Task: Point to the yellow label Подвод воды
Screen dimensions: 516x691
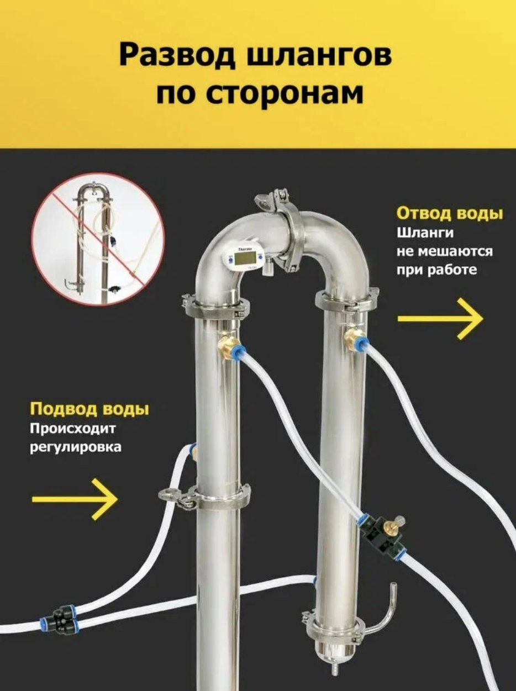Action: [x=89, y=409]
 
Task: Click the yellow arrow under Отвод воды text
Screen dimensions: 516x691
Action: [x=440, y=319]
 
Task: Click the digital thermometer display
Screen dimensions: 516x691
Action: [x=244, y=258]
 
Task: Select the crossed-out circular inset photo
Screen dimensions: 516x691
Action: [x=98, y=239]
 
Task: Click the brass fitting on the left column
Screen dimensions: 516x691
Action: [x=228, y=346]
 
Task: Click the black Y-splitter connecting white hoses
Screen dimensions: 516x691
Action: [x=63, y=618]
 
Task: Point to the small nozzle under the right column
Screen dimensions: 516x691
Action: [x=333, y=669]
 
